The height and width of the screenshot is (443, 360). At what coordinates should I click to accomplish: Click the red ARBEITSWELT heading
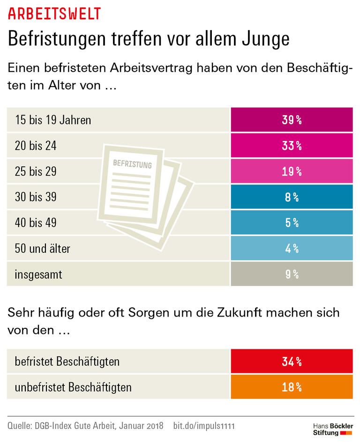(54, 14)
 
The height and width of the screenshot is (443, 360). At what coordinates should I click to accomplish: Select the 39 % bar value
(291, 120)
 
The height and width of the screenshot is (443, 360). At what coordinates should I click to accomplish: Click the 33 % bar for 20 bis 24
(291, 146)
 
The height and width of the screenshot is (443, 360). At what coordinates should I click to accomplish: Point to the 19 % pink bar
(291, 171)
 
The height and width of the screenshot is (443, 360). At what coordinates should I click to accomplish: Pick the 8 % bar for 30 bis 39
(291, 197)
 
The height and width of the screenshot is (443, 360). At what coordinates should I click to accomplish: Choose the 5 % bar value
(291, 223)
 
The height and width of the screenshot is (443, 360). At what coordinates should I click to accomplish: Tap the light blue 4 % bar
(291, 249)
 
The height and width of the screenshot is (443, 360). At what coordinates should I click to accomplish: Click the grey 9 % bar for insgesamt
(291, 274)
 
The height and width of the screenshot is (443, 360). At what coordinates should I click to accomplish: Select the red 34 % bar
(291, 362)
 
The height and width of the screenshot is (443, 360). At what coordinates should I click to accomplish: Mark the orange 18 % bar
(291, 387)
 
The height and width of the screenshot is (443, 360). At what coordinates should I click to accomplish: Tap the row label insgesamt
(38, 274)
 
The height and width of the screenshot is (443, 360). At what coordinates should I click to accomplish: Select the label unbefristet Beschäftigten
(73, 388)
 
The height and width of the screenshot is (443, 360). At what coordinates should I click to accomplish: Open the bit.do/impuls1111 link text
(204, 426)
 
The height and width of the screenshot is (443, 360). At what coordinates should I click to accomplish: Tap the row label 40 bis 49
(36, 223)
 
